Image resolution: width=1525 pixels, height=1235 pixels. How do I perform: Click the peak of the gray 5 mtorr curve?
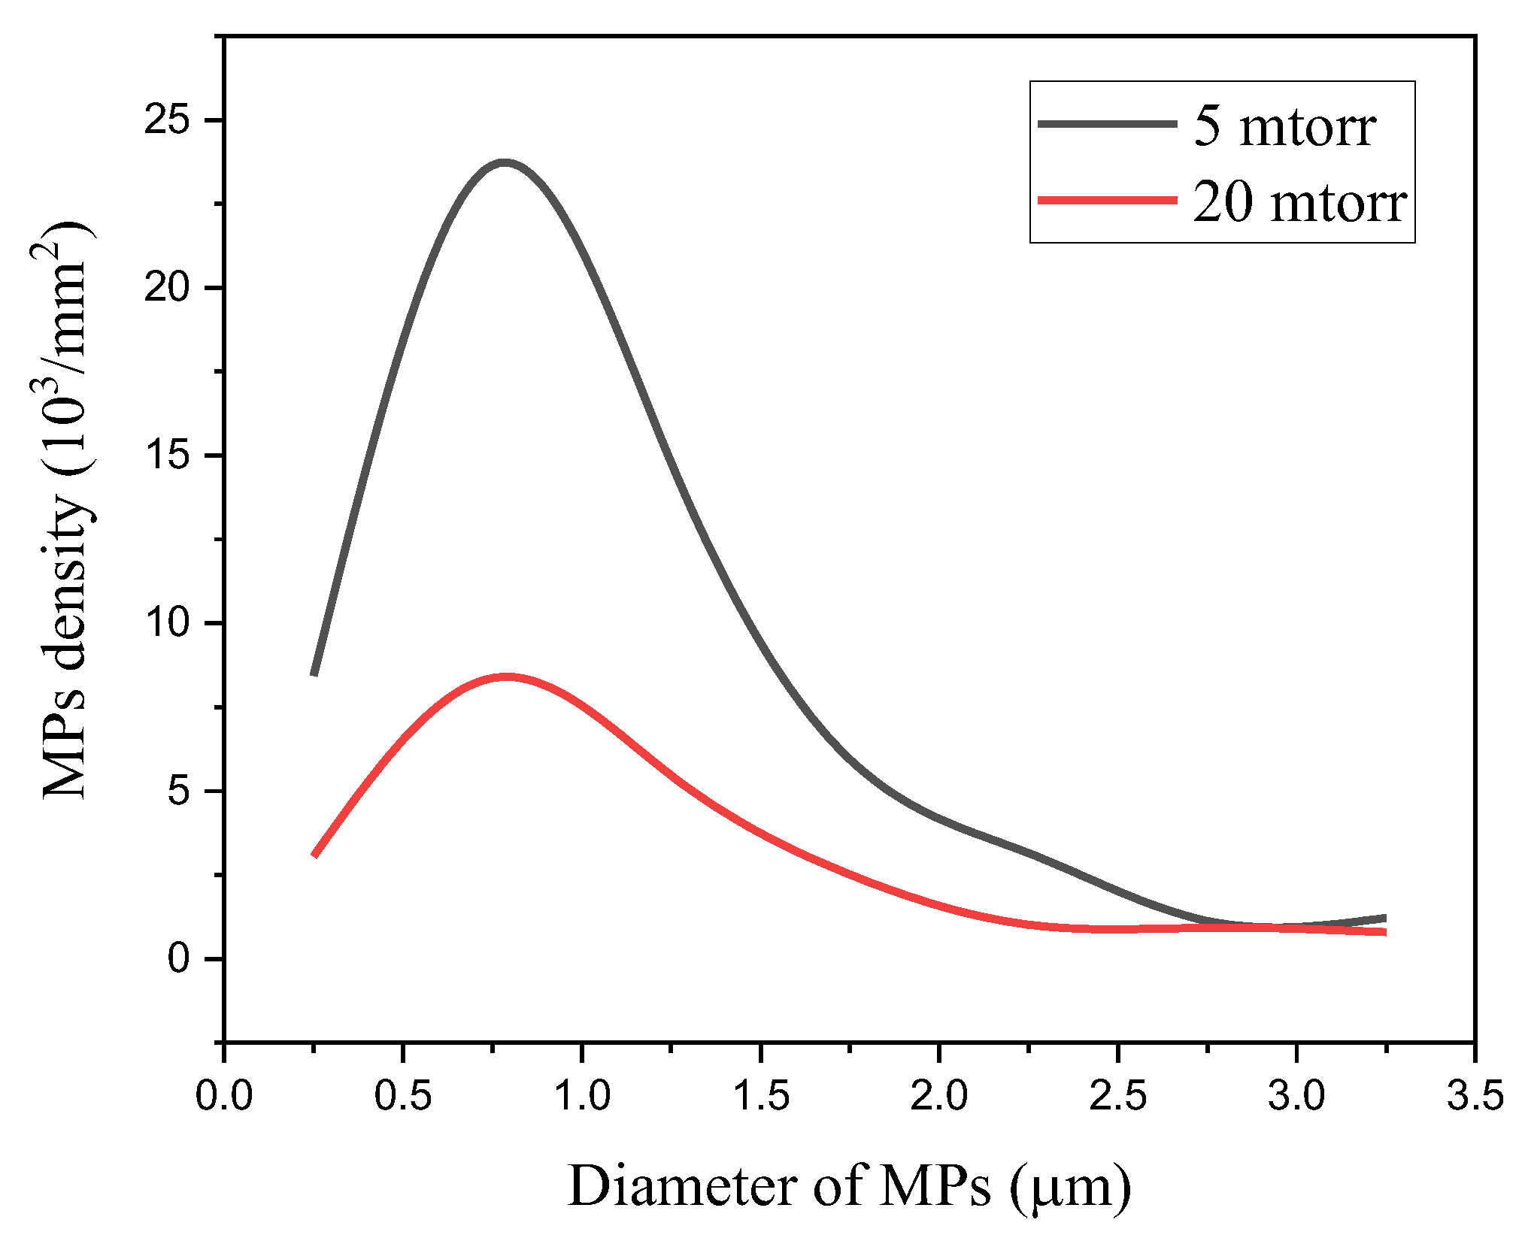pos(505,162)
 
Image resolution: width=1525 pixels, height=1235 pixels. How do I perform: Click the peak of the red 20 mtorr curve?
pos(508,677)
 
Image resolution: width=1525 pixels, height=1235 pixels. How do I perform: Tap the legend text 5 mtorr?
pos(1284,126)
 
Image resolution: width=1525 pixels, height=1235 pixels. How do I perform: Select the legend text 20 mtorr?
pos(1299,202)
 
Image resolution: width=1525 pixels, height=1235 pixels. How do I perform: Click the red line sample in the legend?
pos(1107,200)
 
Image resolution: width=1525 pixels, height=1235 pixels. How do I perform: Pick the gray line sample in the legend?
pos(1107,124)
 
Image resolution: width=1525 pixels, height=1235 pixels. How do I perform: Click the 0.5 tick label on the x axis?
pos(403,1096)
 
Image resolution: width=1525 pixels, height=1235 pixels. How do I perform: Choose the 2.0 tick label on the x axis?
pos(939,1096)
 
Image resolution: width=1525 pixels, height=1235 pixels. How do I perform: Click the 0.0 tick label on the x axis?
pos(224,1096)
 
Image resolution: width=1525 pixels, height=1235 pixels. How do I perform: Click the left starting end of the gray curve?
pos(315,673)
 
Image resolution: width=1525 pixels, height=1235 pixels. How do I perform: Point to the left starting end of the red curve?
pos(315,854)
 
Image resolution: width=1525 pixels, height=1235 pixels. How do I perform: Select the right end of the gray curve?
pos(1384,919)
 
